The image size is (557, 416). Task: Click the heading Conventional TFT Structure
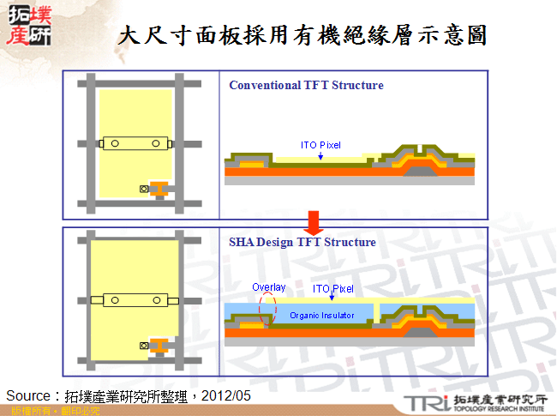306,85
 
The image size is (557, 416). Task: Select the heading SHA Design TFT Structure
302,242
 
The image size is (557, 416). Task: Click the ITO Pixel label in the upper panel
320,145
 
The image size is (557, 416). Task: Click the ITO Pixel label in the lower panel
332,289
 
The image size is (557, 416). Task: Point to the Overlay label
268,286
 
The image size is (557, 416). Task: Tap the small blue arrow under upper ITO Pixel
320,155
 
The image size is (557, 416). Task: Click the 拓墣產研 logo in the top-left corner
32,26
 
